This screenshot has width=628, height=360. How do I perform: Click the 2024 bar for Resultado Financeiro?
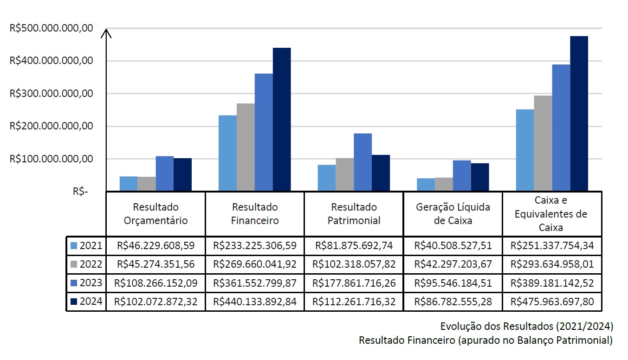[282, 119]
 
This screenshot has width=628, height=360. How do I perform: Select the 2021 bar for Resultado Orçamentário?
[129, 184]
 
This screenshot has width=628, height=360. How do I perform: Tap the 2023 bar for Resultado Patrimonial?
[363, 162]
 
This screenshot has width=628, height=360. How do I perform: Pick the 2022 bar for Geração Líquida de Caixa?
[444, 184]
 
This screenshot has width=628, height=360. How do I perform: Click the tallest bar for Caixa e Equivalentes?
[579, 113]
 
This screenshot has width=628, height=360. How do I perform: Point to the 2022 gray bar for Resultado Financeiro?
[246, 147]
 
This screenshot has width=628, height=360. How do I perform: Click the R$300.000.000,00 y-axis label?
[51, 94]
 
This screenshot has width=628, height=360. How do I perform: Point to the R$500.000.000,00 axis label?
[51, 28]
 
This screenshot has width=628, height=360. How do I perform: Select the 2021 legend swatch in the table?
[73, 245]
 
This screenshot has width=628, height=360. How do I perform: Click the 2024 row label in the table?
[91, 302]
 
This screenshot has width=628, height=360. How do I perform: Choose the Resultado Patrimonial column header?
[354, 214]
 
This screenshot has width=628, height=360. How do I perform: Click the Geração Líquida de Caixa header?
[453, 214]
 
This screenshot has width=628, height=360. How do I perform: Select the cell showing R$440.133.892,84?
[254, 302]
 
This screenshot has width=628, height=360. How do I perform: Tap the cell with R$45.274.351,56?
[155, 264]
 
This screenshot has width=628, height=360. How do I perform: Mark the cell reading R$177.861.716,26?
[354, 283]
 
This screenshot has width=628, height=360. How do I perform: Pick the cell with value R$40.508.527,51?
[453, 245]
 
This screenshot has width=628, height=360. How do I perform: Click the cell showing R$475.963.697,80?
[552, 302]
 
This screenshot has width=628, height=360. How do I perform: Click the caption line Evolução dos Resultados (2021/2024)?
[527, 325]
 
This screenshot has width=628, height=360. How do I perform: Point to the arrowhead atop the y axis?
[107, 32]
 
